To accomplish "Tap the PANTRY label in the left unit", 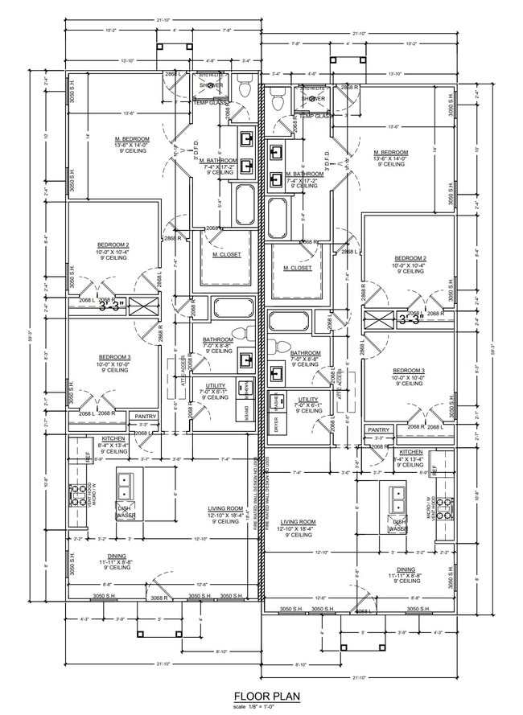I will click(x=145, y=416).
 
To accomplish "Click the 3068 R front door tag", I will click(x=159, y=598).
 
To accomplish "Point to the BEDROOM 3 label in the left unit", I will click(x=113, y=356).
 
